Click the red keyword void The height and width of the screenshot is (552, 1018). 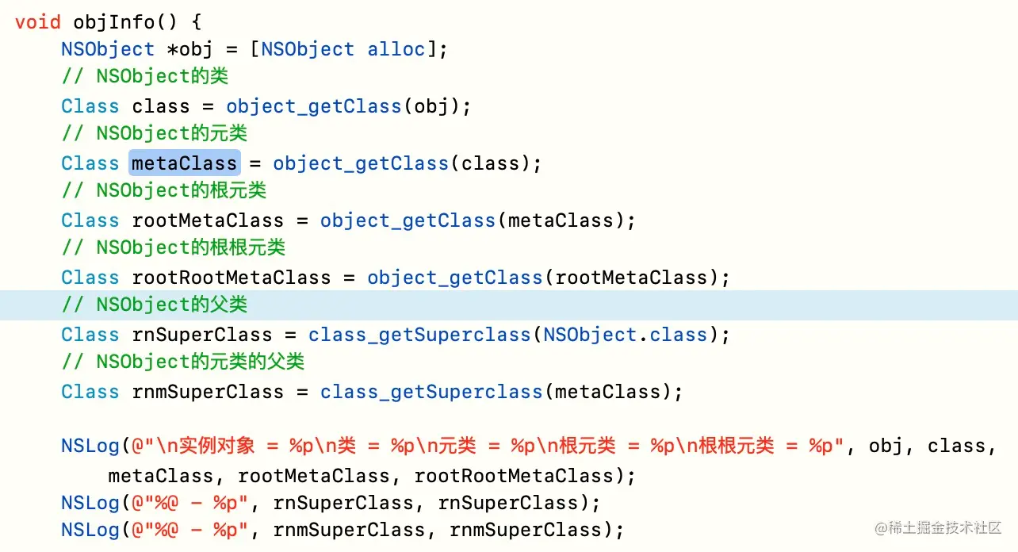(x=37, y=21)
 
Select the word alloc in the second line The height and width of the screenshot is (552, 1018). (x=396, y=49)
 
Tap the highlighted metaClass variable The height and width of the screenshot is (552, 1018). (x=184, y=163)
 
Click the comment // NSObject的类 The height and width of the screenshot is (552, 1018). (x=145, y=78)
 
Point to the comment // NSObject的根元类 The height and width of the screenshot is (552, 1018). (x=164, y=191)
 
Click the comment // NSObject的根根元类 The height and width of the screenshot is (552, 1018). (x=174, y=248)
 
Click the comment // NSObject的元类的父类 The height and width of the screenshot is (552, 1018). (x=183, y=362)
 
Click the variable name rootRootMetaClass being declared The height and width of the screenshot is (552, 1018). (x=231, y=278)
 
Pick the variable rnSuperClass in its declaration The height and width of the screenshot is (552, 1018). (x=201, y=335)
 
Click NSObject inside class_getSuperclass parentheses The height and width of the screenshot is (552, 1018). (x=590, y=335)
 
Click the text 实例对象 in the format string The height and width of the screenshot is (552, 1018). (x=217, y=446)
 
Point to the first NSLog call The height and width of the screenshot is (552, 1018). (x=90, y=446)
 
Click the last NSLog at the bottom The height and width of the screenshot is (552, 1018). (x=90, y=530)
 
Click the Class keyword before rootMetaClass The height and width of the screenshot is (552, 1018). (x=90, y=220)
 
